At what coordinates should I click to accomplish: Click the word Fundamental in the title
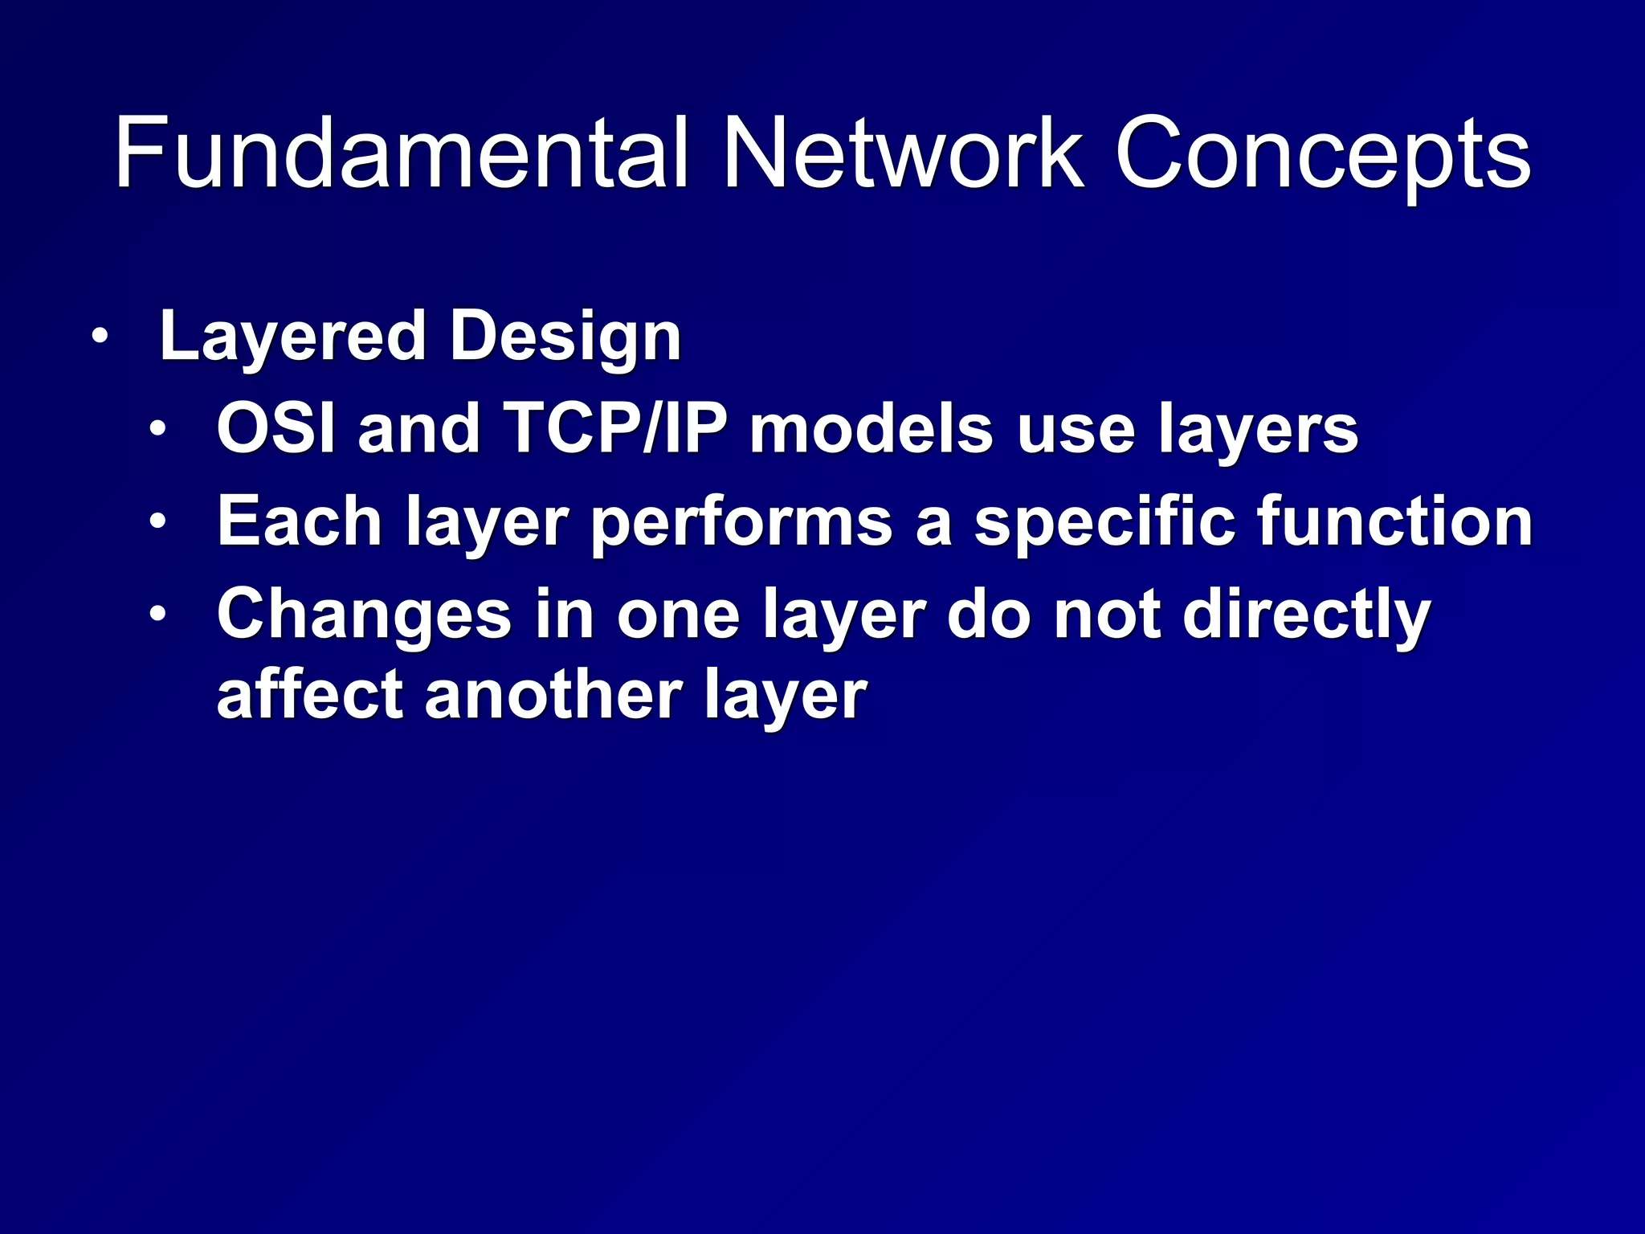[x=402, y=153]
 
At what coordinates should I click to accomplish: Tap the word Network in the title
[x=903, y=153]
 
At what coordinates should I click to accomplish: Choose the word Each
[x=299, y=521]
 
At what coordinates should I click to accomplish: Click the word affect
[x=309, y=694]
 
